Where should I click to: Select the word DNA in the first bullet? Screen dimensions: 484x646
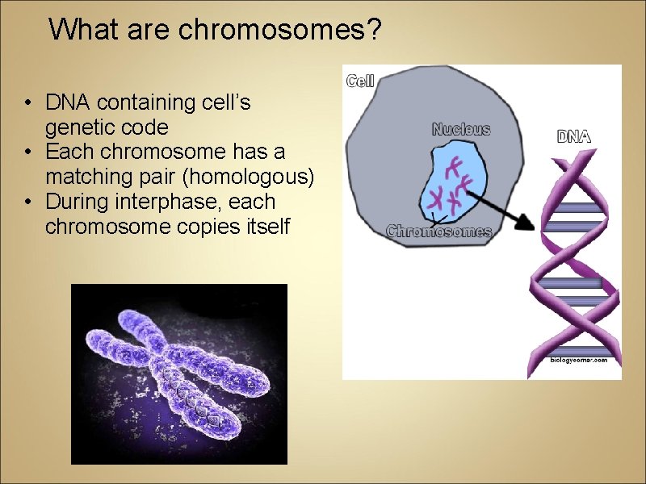point(69,102)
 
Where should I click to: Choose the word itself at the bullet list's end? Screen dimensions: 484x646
point(266,227)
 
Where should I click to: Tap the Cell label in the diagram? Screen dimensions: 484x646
point(360,81)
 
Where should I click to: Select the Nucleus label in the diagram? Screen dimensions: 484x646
point(461,129)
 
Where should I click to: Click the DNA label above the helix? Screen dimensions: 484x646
point(574,136)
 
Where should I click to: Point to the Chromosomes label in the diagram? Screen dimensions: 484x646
point(438,232)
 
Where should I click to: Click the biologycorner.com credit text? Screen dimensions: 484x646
point(580,360)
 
